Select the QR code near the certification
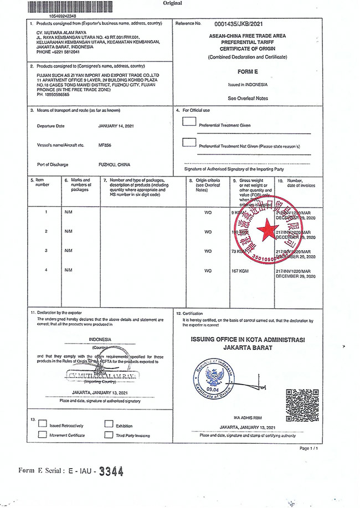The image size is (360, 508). point(302,405)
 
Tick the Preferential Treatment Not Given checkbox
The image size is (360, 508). point(189,142)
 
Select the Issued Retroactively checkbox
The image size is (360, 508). point(42,425)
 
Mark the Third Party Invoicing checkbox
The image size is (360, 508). point(109,434)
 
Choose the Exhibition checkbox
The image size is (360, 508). point(109,425)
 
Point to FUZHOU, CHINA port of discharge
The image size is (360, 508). point(114,164)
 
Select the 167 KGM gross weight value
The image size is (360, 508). point(241,271)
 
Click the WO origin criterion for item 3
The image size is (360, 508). point(208,251)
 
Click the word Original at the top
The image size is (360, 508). point(172,3)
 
